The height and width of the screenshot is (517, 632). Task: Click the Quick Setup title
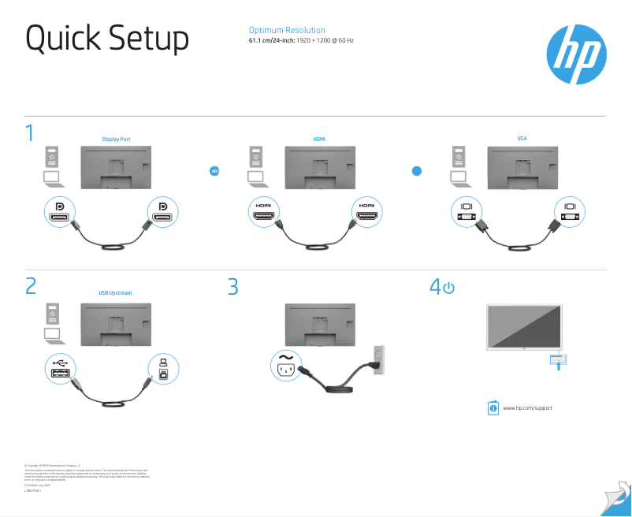tap(107, 39)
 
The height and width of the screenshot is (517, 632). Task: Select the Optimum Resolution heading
tap(287, 30)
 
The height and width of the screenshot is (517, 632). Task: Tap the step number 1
tap(30, 133)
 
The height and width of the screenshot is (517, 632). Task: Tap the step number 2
tap(31, 286)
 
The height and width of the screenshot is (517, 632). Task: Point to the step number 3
tap(232, 286)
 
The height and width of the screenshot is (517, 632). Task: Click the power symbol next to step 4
tap(448, 288)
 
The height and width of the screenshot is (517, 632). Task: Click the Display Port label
tap(116, 139)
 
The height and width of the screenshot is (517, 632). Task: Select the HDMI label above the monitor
tap(318, 139)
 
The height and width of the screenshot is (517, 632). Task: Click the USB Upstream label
tap(115, 292)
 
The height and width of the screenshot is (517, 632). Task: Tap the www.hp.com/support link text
tap(527, 407)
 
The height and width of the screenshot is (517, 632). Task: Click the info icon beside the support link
tap(493, 407)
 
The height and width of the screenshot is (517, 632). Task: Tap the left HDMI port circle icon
tap(263, 212)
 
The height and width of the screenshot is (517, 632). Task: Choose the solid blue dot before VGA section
tap(418, 170)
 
